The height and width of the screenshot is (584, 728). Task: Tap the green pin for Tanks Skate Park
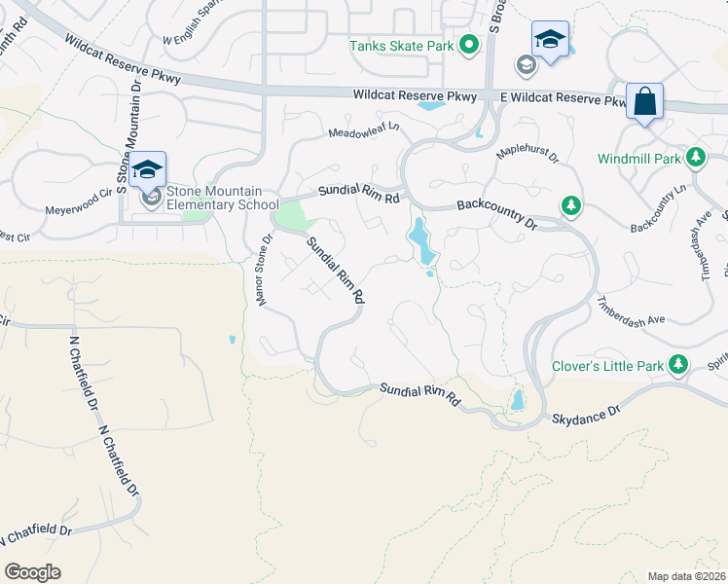469,45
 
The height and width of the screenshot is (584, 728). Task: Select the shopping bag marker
644,101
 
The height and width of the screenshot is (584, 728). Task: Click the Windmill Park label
638,158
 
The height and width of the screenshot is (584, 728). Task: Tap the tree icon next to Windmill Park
695,157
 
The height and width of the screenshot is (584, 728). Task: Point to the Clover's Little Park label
607,367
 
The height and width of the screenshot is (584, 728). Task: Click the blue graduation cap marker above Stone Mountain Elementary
147,170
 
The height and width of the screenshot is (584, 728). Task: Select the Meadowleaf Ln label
364,130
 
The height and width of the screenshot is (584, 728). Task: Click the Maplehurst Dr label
528,155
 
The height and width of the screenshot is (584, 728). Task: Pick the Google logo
32,572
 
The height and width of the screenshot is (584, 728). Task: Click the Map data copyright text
685,576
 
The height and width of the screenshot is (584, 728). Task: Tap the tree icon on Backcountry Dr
570,205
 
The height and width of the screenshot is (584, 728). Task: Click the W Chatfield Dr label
37,533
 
